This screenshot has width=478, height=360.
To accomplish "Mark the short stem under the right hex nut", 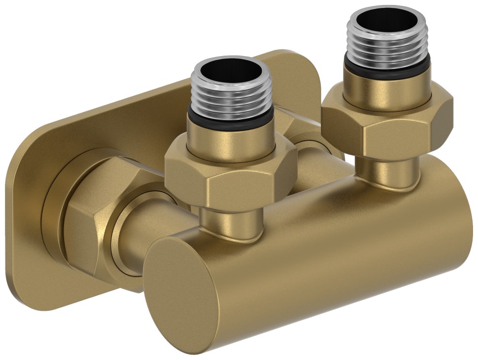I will tap(387, 170).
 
